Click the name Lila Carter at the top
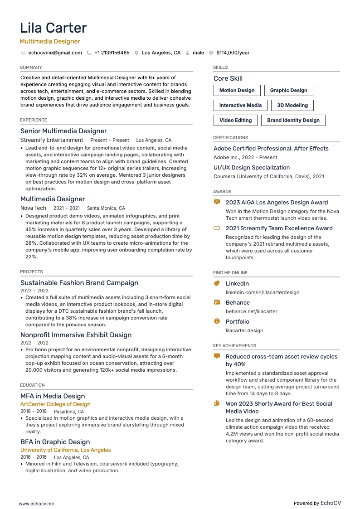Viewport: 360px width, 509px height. click(53, 28)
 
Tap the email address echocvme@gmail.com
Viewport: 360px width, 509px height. click(55, 53)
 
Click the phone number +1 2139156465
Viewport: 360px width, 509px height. click(112, 53)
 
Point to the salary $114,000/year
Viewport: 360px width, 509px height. click(233, 53)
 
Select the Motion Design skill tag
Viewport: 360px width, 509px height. click(237, 90)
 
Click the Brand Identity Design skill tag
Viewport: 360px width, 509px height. click(293, 120)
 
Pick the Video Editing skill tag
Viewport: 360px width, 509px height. click(235, 120)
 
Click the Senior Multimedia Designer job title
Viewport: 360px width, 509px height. click(63, 131)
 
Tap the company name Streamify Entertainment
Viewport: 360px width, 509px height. click(52, 140)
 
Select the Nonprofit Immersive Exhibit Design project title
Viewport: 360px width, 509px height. click(76, 335)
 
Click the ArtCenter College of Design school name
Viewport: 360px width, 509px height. click(55, 404)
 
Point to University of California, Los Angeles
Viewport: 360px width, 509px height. click(65, 450)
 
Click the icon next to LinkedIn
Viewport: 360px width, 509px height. click(217, 283)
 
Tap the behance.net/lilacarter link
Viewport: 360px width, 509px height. click(251, 311)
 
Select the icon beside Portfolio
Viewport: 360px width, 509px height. click(217, 321)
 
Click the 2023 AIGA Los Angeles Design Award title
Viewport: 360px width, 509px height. click(277, 203)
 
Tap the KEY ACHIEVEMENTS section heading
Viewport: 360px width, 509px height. click(234, 345)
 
